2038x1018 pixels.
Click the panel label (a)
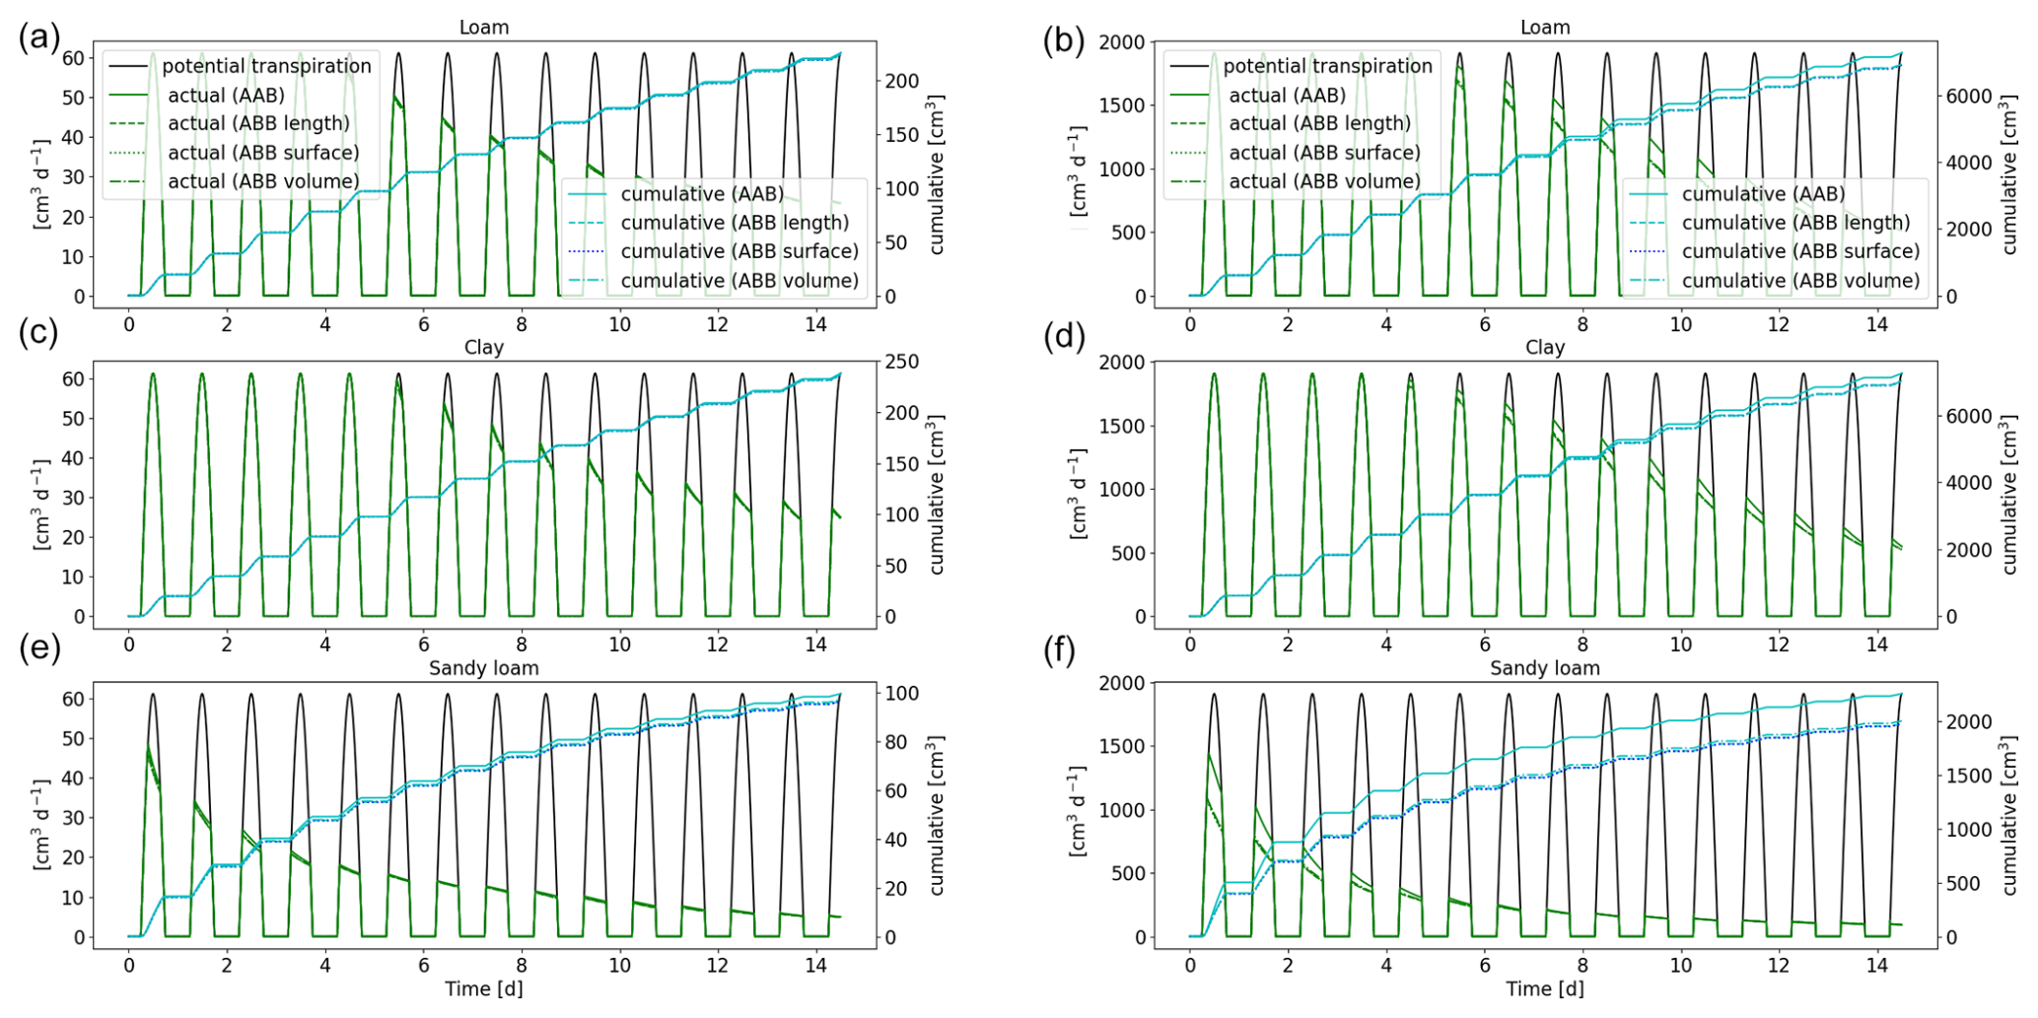(x=38, y=38)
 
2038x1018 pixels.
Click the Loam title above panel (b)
(x=1544, y=28)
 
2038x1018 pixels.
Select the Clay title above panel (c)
(x=483, y=347)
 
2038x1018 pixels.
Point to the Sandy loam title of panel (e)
(x=483, y=668)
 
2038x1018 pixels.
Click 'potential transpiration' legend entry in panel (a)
(x=266, y=66)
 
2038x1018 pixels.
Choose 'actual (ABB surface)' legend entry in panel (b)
(x=1324, y=153)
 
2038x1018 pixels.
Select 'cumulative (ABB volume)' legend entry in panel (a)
(x=738, y=281)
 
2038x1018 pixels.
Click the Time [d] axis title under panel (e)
(x=483, y=988)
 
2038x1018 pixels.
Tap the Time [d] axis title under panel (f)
(x=1544, y=988)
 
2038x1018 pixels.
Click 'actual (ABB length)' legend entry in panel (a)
(x=258, y=123)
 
